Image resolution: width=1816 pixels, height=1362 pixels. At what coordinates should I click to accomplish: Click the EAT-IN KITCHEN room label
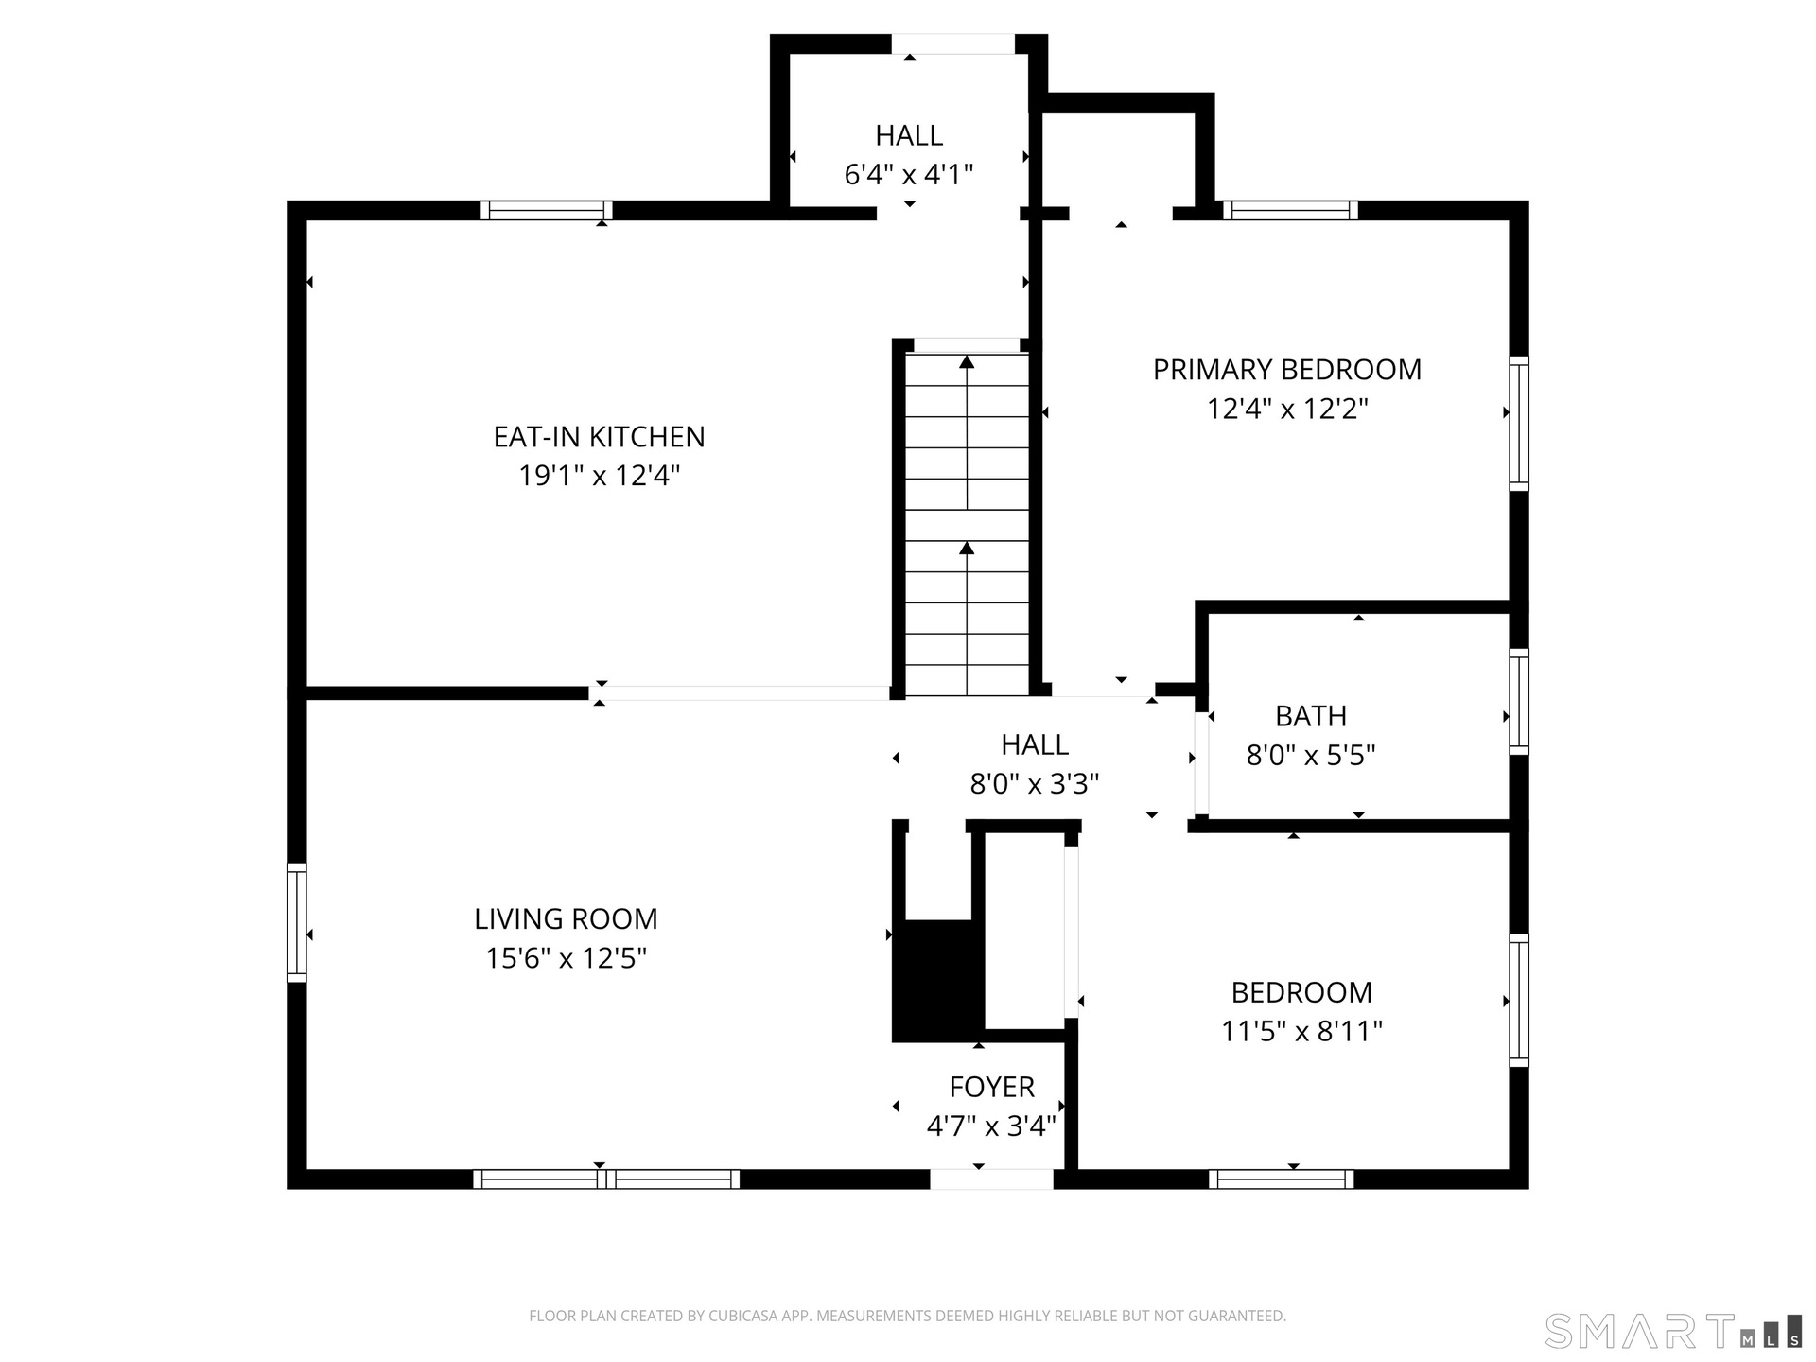click(599, 437)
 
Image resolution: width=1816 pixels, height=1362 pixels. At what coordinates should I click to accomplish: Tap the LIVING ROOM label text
click(566, 919)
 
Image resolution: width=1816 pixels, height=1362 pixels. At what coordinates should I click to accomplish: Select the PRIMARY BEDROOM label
click(1287, 370)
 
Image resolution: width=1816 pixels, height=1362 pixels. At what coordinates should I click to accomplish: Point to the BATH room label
click(1311, 717)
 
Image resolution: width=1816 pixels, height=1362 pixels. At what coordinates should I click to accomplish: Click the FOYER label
click(992, 1088)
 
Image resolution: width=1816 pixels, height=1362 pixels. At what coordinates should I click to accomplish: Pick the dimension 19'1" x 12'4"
click(599, 476)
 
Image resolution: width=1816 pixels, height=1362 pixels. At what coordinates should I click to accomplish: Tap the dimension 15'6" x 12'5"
click(566, 959)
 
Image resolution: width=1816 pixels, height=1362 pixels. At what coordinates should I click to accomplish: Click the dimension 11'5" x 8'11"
click(1301, 1032)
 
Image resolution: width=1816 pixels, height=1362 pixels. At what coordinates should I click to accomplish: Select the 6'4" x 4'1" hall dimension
click(909, 175)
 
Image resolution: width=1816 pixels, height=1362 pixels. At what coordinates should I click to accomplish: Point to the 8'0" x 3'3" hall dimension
click(1035, 784)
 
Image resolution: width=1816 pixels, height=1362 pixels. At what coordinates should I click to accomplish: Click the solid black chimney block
click(938, 981)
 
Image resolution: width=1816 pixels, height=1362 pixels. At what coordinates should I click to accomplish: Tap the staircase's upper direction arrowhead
click(967, 361)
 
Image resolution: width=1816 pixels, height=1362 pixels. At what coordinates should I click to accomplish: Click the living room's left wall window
click(297, 922)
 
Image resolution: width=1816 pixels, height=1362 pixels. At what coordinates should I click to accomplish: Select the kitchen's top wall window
click(547, 210)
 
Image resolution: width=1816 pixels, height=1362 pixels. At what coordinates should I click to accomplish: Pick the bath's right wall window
click(1518, 702)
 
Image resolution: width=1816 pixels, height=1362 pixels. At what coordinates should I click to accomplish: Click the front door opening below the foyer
click(991, 1179)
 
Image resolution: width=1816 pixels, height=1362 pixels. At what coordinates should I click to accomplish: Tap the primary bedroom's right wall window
click(1518, 424)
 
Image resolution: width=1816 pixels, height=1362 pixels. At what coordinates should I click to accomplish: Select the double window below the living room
click(606, 1179)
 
